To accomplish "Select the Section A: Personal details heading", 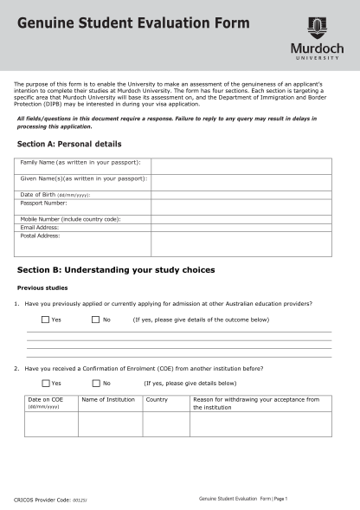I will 69,143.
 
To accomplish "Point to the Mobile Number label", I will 70,219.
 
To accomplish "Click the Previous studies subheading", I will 42,287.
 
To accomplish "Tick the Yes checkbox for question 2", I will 45,383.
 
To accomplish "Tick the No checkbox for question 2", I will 95,383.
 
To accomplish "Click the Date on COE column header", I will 46,400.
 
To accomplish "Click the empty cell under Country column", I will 166,424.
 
